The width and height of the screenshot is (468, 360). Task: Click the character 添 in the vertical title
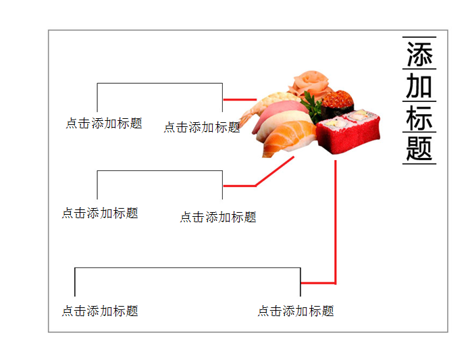(419, 54)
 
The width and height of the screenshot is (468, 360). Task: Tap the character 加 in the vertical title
(419, 86)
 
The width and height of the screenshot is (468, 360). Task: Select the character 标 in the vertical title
(419, 118)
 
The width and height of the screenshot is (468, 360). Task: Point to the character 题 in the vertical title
(419, 148)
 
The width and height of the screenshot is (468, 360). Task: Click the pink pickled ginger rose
(311, 83)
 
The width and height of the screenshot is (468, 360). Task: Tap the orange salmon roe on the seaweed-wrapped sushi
(338, 99)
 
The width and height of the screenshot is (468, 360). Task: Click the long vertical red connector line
(336, 222)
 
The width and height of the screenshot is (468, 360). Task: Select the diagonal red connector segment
(275, 171)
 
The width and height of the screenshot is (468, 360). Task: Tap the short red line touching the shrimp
(240, 99)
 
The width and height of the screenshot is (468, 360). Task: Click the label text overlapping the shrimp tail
(202, 127)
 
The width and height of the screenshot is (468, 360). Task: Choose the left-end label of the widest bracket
(100, 311)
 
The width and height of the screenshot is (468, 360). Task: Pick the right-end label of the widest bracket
(296, 311)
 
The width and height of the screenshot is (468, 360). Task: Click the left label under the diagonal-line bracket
(100, 213)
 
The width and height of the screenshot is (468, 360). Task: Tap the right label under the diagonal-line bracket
(218, 217)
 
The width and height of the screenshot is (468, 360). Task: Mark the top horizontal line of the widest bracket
(188, 267)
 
